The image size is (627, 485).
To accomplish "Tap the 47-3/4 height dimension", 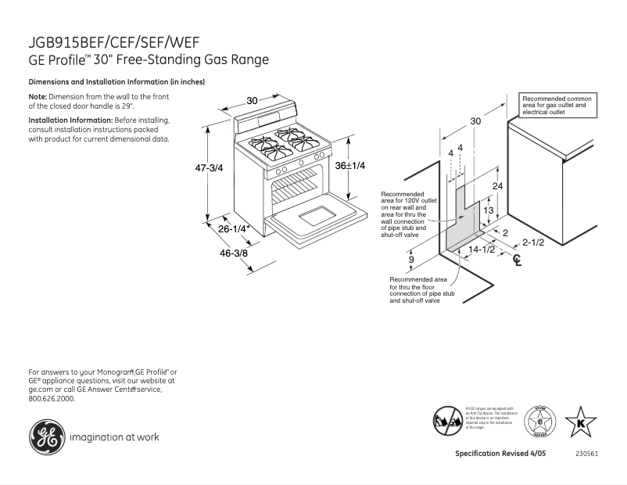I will (209, 168).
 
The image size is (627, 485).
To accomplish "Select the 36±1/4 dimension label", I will (351, 166).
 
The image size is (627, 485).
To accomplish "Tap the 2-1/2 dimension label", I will (533, 242).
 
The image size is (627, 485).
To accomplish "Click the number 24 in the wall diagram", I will (498, 185).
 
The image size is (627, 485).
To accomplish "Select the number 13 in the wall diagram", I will (487, 211).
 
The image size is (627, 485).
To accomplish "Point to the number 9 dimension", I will (410, 259).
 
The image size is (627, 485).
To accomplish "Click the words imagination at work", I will (114, 437).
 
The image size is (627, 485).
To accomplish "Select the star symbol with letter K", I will (580, 422).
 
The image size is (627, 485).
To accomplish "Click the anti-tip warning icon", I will (446, 420).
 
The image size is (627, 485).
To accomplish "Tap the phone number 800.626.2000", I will (52, 398).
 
